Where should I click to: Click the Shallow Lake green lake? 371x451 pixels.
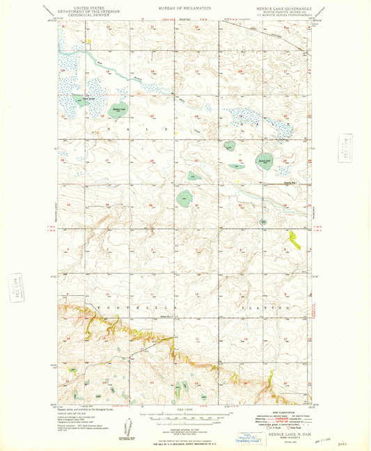point(117,109)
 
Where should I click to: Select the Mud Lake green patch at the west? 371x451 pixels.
point(70,99)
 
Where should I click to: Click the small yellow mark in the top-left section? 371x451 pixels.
point(88,42)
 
